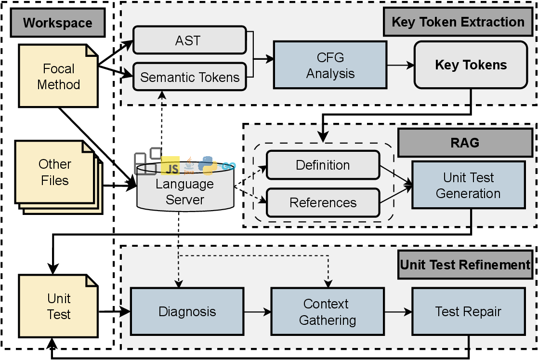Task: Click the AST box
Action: [x=189, y=40]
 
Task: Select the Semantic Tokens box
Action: [x=189, y=77]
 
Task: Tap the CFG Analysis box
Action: [x=330, y=65]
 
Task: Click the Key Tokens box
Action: [x=471, y=65]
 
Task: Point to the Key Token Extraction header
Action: [x=458, y=22]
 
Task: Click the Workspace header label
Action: [x=57, y=23]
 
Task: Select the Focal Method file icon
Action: [x=58, y=76]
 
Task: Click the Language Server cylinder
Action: [x=184, y=191]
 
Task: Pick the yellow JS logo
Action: [x=171, y=166]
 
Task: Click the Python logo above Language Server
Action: [x=208, y=164]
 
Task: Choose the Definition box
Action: [x=323, y=165]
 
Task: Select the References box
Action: [x=323, y=202]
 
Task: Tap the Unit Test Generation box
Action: [x=468, y=186]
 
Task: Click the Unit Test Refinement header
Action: [x=465, y=265]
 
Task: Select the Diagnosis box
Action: [x=187, y=311]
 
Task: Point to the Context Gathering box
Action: [x=328, y=311]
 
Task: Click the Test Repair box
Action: [x=468, y=311]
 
